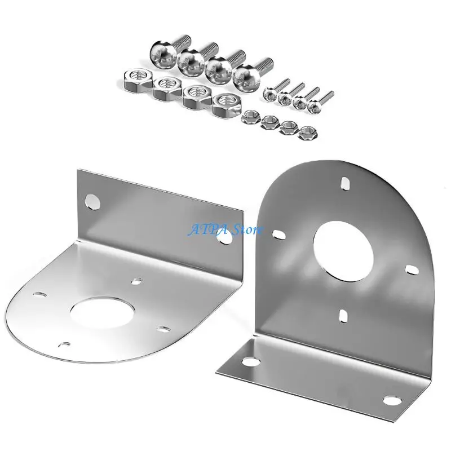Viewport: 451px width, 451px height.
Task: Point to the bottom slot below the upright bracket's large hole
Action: pyautogui.click(x=342, y=314)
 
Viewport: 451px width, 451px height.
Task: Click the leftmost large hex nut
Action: pyautogui.click(x=134, y=79)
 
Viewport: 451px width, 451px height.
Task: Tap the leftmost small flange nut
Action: pyautogui.click(x=248, y=118)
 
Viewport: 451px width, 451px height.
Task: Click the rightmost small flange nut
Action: pyautogui.click(x=307, y=132)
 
